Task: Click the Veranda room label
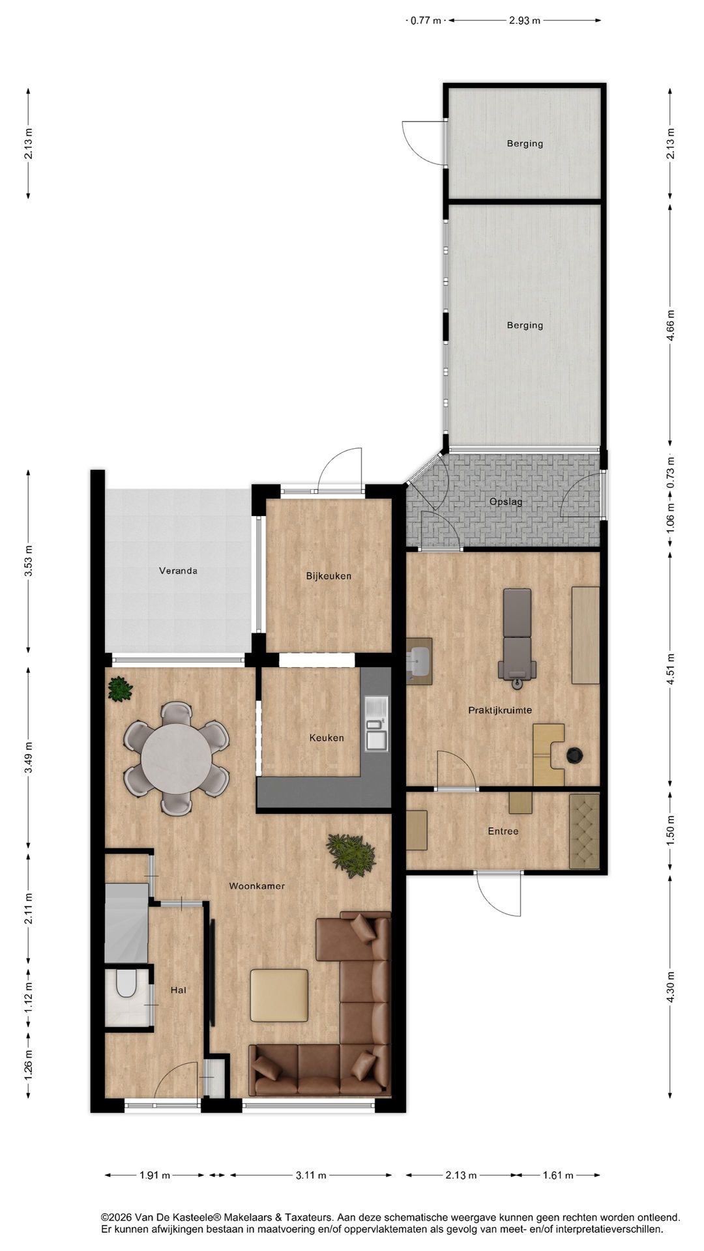[x=178, y=571]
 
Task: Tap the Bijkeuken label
[x=329, y=576]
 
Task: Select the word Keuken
[x=327, y=738]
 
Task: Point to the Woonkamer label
[x=257, y=885]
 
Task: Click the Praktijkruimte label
[x=500, y=710]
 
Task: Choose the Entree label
[x=503, y=831]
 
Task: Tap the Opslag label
[x=506, y=502]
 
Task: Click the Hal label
[x=178, y=990]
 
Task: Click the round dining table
[x=177, y=758]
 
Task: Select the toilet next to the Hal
[x=126, y=985]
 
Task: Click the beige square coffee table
[x=279, y=995]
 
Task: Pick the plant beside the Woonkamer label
[x=351, y=855]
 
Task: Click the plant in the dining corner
[x=119, y=689]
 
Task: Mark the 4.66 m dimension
[x=671, y=325]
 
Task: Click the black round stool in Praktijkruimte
[x=574, y=755]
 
